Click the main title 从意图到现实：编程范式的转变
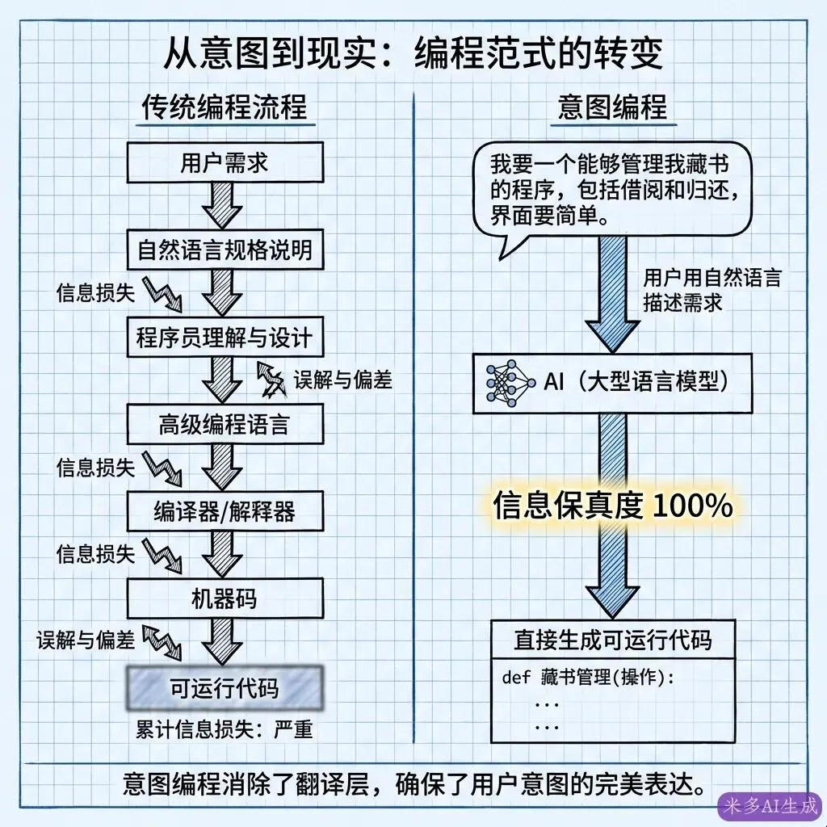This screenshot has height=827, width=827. click(x=413, y=54)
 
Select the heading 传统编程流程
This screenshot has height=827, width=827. click(x=225, y=107)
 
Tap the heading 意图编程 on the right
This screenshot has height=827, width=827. click(x=613, y=107)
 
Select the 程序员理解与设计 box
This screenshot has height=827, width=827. click(x=224, y=337)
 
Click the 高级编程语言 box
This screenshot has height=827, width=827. click(x=224, y=423)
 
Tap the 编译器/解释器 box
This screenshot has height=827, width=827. click(x=224, y=510)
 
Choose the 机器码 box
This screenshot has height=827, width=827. click(x=224, y=598)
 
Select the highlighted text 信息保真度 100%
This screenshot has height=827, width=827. click(x=612, y=506)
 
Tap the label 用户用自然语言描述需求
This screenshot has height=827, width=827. click(x=711, y=291)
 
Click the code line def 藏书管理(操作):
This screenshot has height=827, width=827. click(x=587, y=677)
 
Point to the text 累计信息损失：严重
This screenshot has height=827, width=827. click(x=224, y=730)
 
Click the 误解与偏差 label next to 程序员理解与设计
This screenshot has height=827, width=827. click(x=343, y=380)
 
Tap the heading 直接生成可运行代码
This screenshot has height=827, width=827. click(x=612, y=640)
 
